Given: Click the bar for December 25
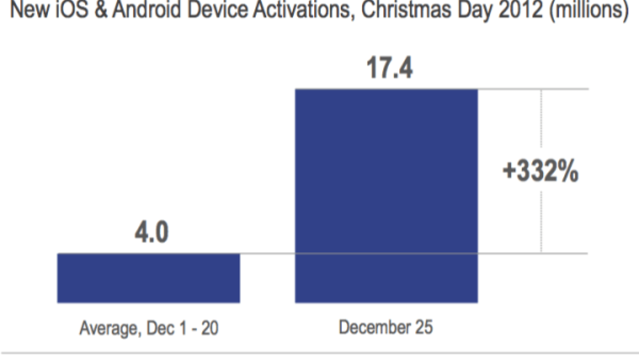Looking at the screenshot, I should (x=386, y=195).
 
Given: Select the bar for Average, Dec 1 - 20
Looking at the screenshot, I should (x=148, y=278).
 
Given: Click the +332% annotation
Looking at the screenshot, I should (x=540, y=172).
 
